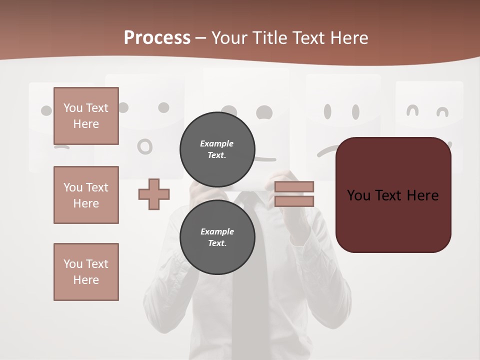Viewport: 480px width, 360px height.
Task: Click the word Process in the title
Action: (157, 38)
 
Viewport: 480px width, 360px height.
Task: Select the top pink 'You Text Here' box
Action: (86, 116)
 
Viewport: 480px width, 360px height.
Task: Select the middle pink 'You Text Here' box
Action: (86, 195)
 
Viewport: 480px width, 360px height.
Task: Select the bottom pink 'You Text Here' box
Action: (86, 272)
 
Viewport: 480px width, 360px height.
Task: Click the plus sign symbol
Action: (154, 194)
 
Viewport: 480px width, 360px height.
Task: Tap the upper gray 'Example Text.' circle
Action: (217, 149)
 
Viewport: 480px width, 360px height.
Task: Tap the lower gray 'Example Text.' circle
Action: (217, 237)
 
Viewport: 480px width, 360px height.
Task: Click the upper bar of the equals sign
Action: (294, 187)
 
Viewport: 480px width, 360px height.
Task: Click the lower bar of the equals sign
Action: (294, 201)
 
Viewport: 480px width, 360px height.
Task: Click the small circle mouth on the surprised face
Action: (145, 146)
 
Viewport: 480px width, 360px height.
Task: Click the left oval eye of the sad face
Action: (328, 111)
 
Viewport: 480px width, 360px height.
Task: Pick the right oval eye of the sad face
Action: (355, 111)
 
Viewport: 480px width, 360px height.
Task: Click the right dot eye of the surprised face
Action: (163, 107)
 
